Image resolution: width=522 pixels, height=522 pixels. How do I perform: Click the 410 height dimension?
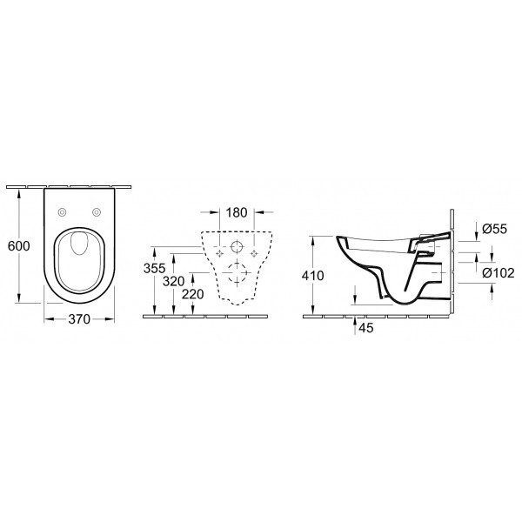tap(315, 276)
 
